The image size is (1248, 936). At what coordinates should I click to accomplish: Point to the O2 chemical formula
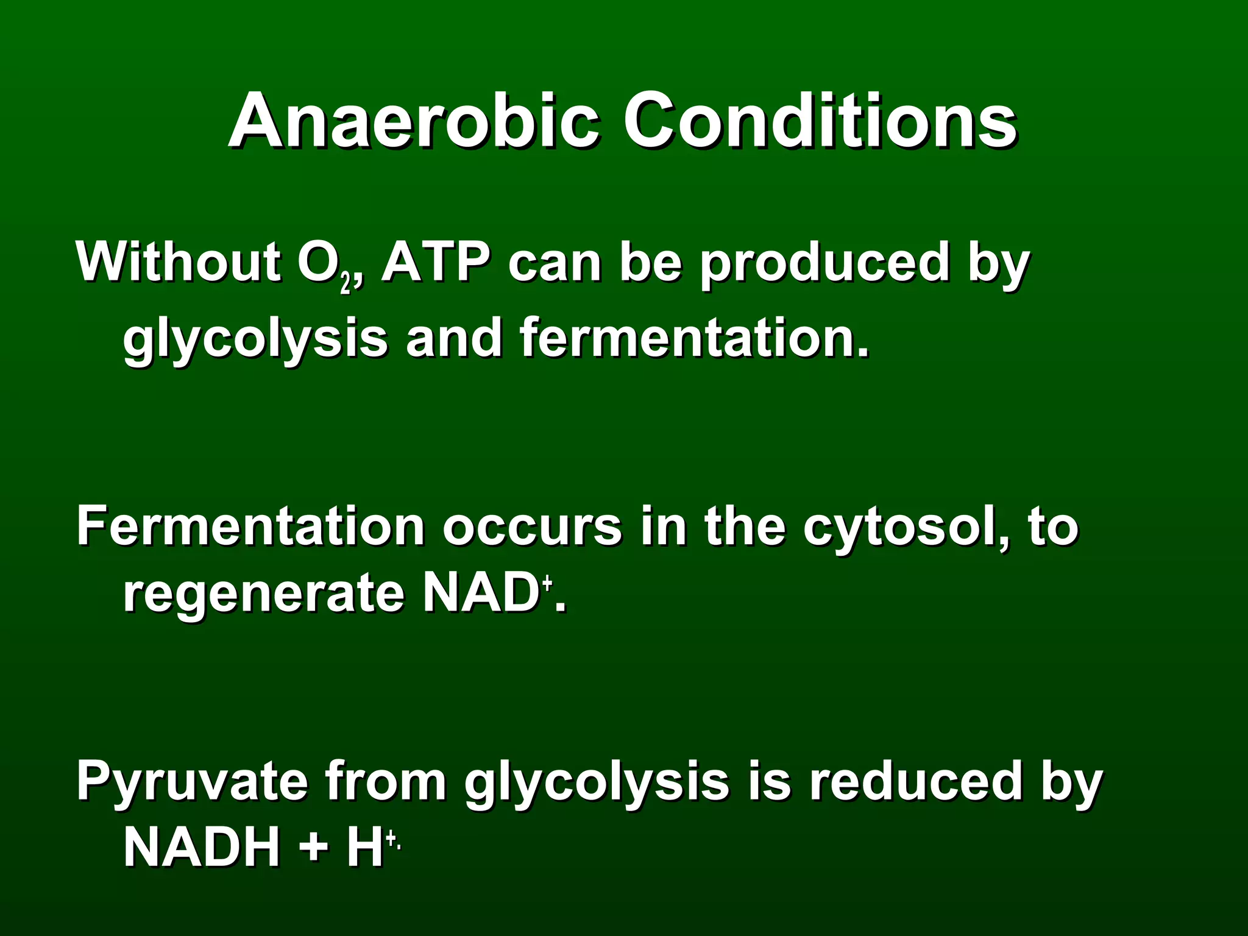pos(327,266)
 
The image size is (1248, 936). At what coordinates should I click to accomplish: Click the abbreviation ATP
pos(435,262)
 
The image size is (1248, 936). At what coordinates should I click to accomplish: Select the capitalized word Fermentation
pos(250,526)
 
